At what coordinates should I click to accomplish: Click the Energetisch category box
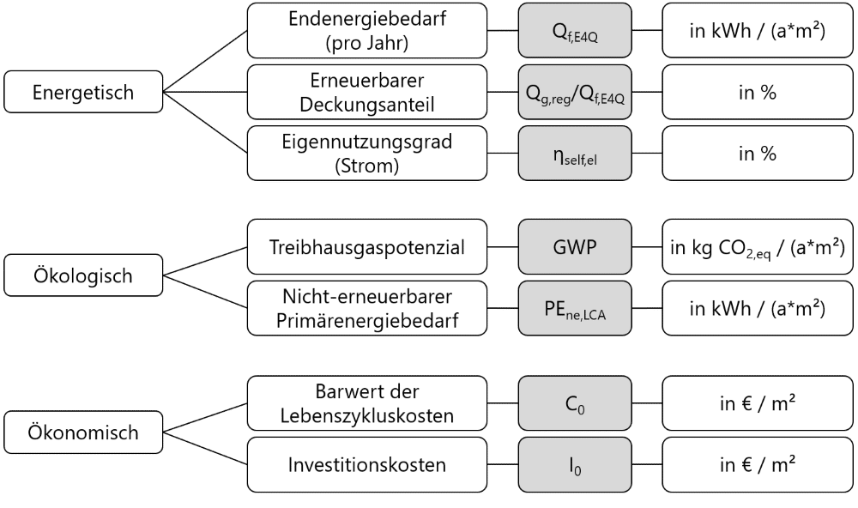pos(83,92)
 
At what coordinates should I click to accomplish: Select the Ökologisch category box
pos(83,275)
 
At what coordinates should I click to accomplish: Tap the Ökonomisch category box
pos(83,432)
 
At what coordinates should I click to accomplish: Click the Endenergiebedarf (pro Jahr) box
pos(366,31)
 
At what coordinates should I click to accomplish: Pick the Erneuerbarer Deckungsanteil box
pos(366,92)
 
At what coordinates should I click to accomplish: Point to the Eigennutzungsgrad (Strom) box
pos(366,154)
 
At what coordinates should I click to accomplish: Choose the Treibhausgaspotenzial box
pos(366,247)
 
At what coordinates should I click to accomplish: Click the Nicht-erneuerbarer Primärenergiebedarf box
pos(366,308)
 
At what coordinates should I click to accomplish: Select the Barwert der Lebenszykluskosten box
pos(366,403)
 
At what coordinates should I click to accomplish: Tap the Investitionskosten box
pos(366,465)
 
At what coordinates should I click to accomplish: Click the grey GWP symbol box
pos(575,247)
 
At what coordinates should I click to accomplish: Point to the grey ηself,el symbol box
pos(575,154)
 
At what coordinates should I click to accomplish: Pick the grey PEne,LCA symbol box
pos(575,308)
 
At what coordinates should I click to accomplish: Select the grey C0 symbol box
pos(575,403)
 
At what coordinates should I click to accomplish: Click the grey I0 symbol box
pos(575,465)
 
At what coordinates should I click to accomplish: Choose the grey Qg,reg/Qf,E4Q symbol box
pos(575,92)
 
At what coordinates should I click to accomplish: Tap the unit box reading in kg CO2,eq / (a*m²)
pos(758,247)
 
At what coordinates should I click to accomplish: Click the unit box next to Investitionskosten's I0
pos(758,465)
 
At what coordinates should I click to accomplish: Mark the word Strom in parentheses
pos(366,166)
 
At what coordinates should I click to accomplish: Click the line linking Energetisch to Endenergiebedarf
pos(205,61)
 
